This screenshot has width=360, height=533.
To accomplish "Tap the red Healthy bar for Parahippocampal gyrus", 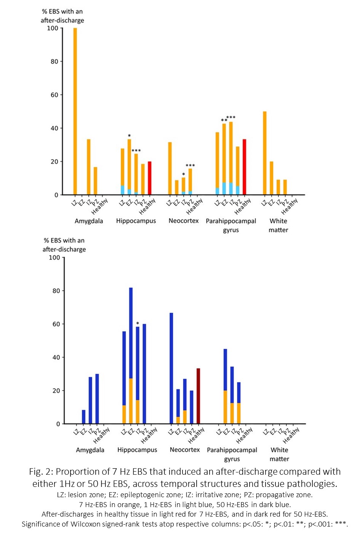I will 245,167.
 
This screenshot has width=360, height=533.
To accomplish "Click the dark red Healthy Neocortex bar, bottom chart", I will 198,396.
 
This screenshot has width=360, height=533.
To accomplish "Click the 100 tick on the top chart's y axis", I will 53,28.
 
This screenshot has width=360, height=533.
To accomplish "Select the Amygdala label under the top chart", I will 89,221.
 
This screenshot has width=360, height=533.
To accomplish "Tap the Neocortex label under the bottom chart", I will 185,450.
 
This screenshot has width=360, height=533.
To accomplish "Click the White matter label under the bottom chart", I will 279,455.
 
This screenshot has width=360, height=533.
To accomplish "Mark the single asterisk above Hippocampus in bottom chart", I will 138,324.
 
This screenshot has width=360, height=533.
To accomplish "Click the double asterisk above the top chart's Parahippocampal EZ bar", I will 224,121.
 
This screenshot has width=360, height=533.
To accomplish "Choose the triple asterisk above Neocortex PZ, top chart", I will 190,166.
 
